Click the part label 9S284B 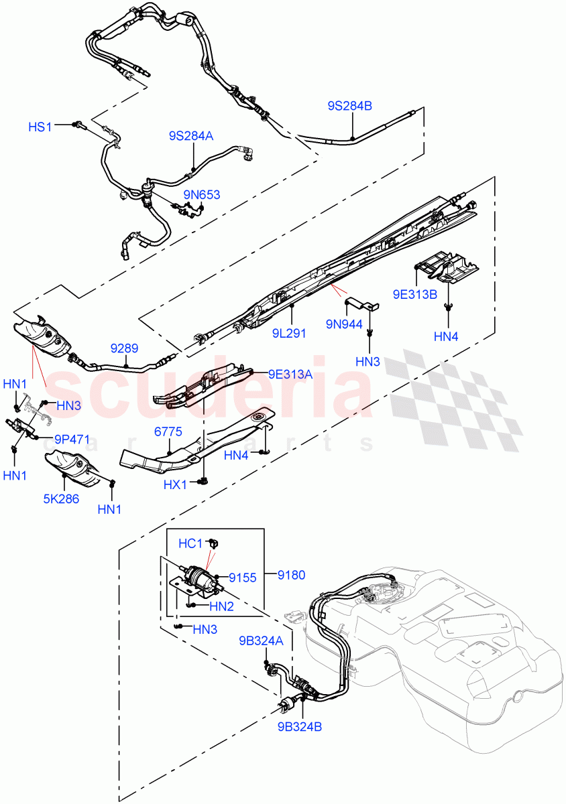point(349,106)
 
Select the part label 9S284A point(190,137)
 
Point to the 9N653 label point(202,195)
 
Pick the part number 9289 point(124,348)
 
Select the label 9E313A point(290,375)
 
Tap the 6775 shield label point(168,433)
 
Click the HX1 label point(176,483)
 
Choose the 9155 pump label point(243,577)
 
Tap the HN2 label point(221,606)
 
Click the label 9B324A point(261,641)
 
